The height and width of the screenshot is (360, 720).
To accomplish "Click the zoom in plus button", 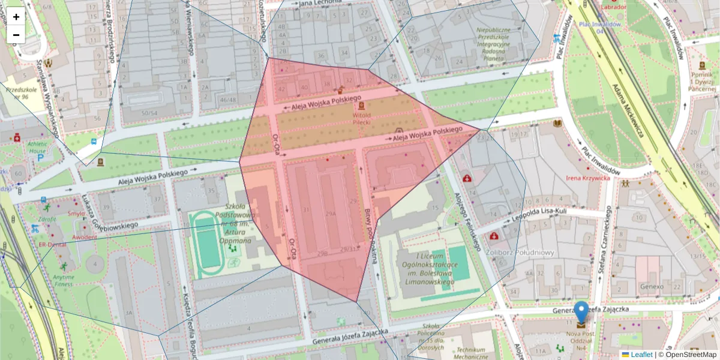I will (x=16, y=17).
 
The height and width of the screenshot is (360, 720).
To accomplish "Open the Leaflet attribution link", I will (x=641, y=355).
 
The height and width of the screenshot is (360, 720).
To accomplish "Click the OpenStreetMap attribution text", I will (x=687, y=355).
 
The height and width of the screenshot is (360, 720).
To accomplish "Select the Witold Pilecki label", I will (x=361, y=118).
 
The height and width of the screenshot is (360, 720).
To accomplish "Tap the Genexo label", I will (x=651, y=287).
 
